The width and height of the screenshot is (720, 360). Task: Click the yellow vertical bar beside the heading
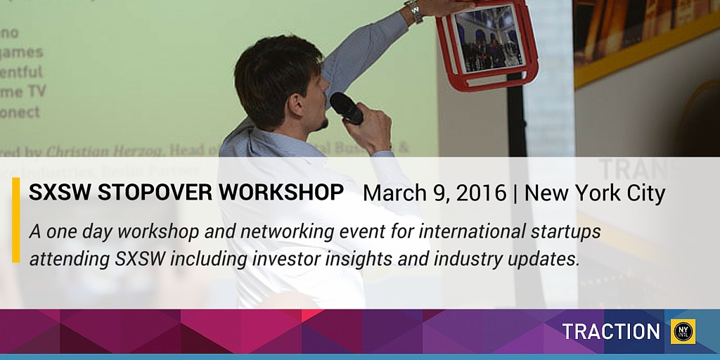(15, 219)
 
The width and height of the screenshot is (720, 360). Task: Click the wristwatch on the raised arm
(413, 11)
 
